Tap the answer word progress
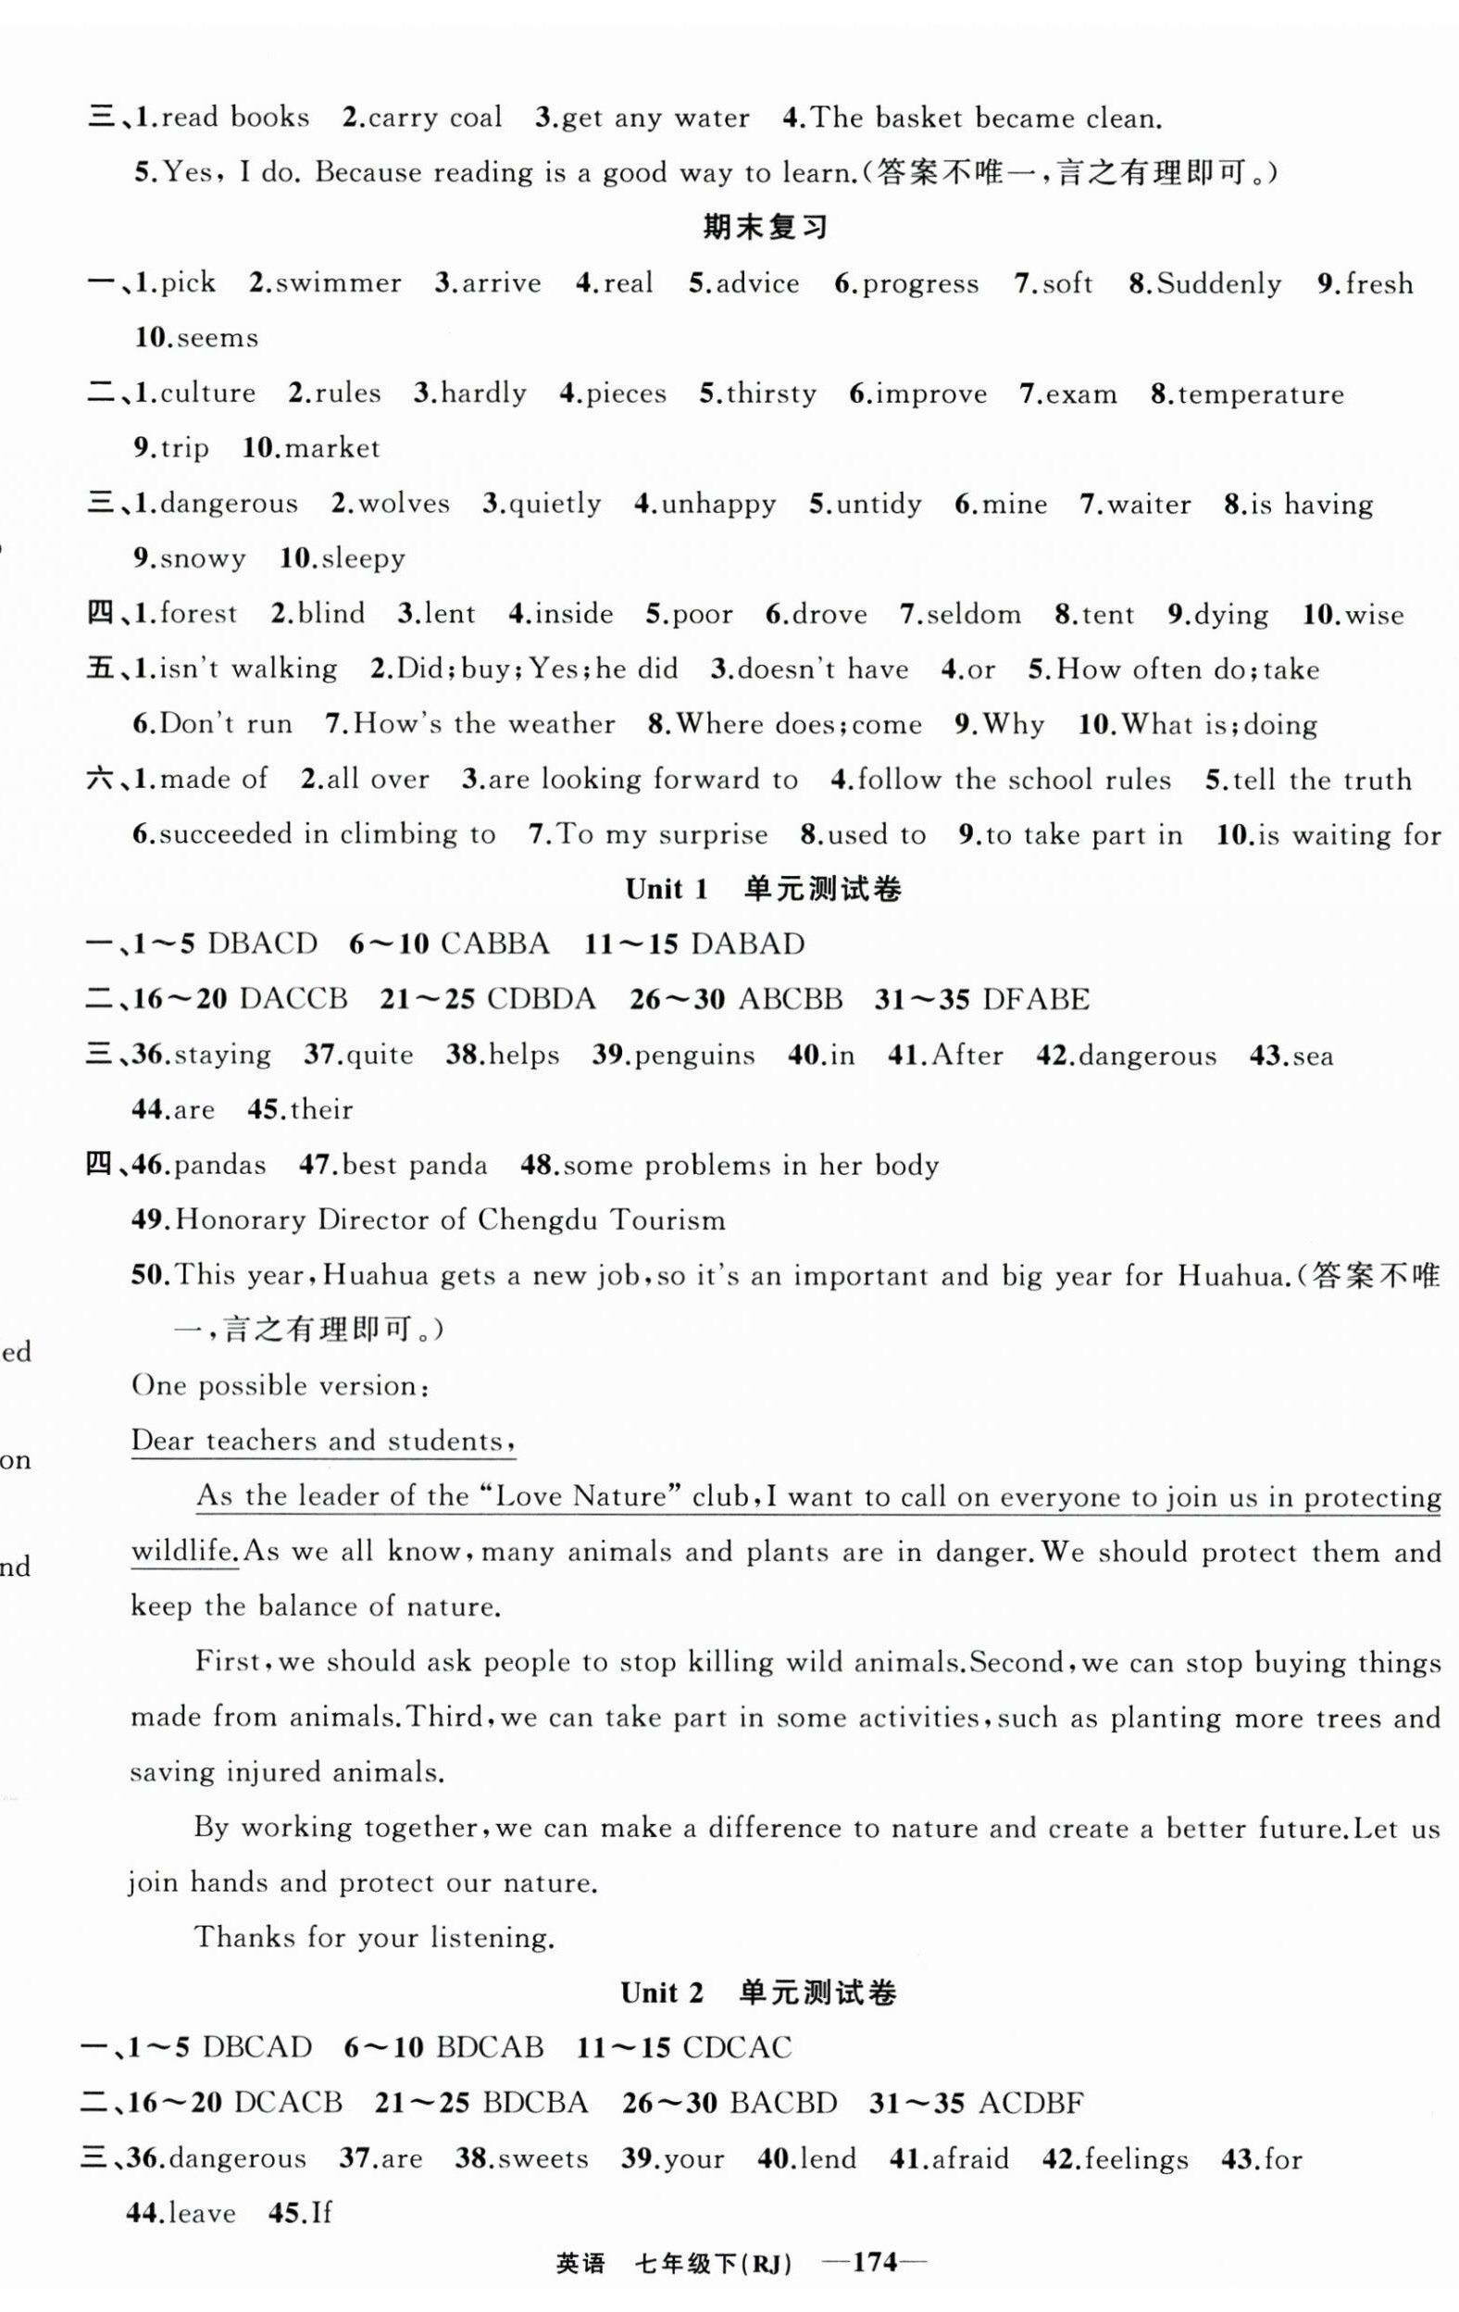[x=919, y=284]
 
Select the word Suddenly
[x=1218, y=284]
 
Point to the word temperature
[x=1260, y=394]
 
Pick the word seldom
[x=973, y=615]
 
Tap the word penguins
[x=694, y=1056]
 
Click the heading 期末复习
[x=765, y=228]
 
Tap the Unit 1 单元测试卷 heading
[x=763, y=890]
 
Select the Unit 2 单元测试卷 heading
[x=758, y=1993]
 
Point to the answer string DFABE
[x=1036, y=999]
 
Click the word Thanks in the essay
[x=244, y=1937]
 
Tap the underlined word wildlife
[x=184, y=1551]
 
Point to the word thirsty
[x=771, y=394]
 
